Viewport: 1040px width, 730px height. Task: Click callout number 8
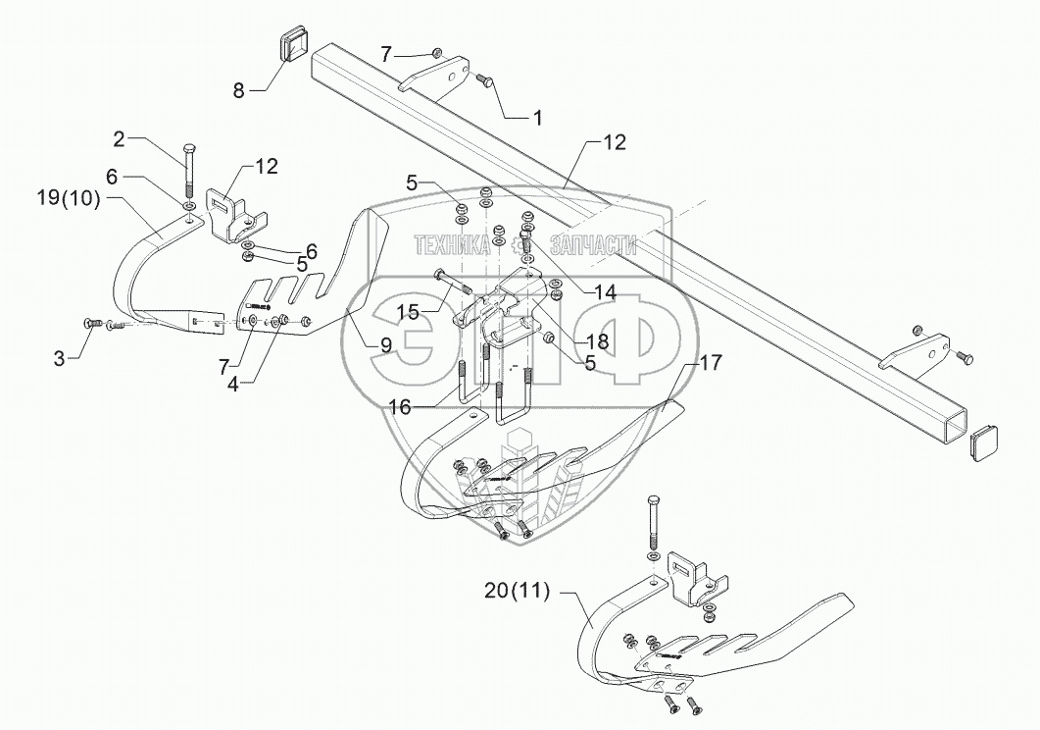(x=238, y=91)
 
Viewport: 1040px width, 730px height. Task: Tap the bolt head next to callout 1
(x=484, y=82)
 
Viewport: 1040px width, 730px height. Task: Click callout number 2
(x=119, y=138)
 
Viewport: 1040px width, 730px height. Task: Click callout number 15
(x=408, y=311)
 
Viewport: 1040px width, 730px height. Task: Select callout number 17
(x=710, y=362)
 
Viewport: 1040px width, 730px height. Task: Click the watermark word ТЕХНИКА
(x=452, y=246)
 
